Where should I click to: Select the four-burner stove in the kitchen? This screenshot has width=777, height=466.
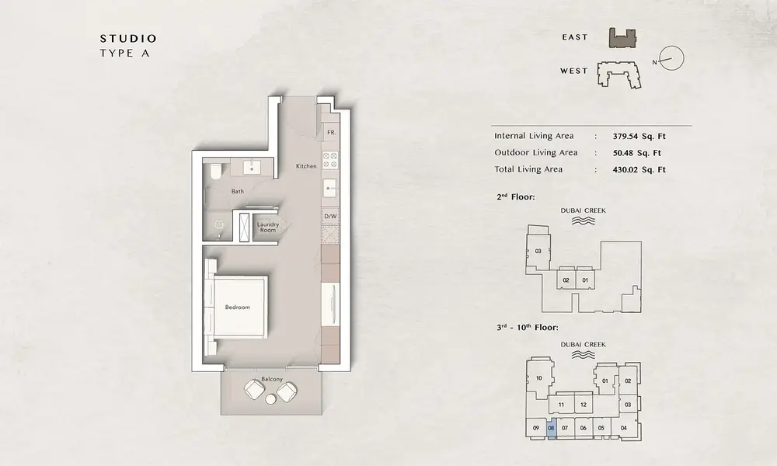tap(330, 160)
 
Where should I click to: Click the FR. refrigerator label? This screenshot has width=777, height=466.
tap(332, 133)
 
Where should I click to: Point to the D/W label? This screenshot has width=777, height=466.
tap(330, 217)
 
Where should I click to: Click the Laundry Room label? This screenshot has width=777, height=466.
tap(268, 228)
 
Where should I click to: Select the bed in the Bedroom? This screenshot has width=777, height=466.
tap(236, 307)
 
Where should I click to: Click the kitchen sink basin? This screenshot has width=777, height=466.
tap(330, 189)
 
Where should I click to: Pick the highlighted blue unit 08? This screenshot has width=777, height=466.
tap(551, 429)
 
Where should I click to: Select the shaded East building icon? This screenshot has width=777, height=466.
tap(622, 38)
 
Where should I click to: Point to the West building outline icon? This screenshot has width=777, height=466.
tap(619, 75)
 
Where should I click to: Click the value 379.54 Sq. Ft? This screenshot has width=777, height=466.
tap(639, 136)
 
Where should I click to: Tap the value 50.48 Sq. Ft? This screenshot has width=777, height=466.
tap(637, 153)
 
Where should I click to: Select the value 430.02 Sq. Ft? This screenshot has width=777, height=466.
tap(639, 169)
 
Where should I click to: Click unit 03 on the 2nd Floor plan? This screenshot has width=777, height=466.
tap(538, 251)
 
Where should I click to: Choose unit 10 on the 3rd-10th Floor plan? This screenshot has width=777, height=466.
tap(539, 378)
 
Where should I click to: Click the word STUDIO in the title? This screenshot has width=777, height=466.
tap(128, 39)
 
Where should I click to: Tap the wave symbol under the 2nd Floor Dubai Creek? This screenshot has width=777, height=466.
tap(584, 221)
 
